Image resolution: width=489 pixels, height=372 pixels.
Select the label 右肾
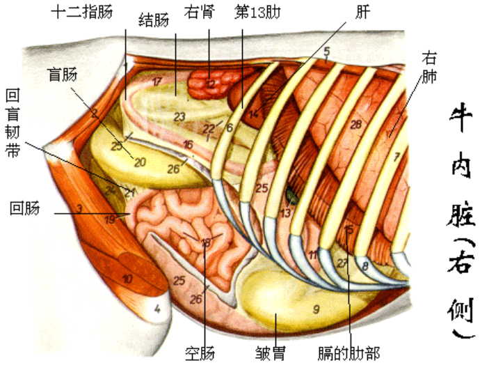(200, 12)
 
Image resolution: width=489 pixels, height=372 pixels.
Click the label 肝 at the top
(361, 12)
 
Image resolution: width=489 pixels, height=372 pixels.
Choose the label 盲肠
(62, 75)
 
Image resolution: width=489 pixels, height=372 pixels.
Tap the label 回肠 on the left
(25, 208)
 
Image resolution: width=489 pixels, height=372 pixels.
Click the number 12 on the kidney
(211, 84)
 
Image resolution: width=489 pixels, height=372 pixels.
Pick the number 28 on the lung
(356, 125)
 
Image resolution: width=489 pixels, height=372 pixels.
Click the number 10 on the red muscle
(127, 279)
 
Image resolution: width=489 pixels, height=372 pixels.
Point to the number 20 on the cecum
(140, 162)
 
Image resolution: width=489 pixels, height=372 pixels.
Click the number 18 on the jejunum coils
(205, 242)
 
